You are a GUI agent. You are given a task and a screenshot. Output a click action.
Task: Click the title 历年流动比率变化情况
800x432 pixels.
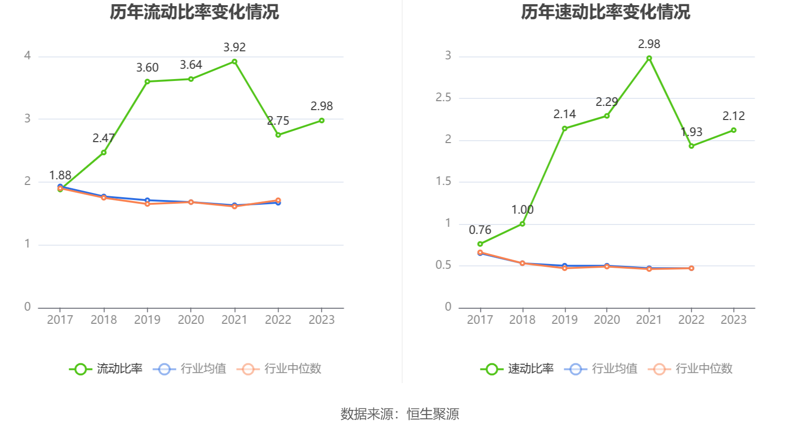pyautogui.click(x=194, y=12)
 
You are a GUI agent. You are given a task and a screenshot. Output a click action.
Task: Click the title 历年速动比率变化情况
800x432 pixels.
pyautogui.click(x=605, y=12)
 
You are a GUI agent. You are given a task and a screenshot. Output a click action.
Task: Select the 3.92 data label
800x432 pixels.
pyautogui.click(x=234, y=47)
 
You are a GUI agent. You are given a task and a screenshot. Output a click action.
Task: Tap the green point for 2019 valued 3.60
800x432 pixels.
pyautogui.click(x=147, y=81)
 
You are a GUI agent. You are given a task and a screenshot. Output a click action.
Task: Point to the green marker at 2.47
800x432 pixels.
pyautogui.click(x=104, y=152)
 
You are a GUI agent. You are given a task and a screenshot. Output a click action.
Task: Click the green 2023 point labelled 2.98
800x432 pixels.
pyautogui.click(x=321, y=120)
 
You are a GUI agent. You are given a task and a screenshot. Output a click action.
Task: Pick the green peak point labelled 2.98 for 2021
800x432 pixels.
pyautogui.click(x=649, y=58)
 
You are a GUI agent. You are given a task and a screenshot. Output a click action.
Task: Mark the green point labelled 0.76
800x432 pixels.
pyautogui.click(x=480, y=244)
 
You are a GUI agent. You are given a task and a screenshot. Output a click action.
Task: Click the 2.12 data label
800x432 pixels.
pyautogui.click(x=734, y=116)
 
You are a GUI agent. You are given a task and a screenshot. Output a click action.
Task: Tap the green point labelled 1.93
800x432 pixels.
pyautogui.click(x=691, y=146)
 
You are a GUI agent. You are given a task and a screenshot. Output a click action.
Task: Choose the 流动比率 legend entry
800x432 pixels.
pyautogui.click(x=106, y=369)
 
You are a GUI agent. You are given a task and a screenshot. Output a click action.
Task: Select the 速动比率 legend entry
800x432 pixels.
pyautogui.click(x=518, y=369)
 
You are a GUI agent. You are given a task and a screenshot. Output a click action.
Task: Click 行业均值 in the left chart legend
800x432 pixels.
pyautogui.click(x=190, y=369)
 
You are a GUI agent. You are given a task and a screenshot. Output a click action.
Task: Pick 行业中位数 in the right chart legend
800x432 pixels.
pyautogui.click(x=691, y=369)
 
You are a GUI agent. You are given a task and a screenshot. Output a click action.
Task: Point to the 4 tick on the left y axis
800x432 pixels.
pyautogui.click(x=27, y=56)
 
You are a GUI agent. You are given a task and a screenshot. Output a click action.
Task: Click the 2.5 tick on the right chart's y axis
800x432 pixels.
pyautogui.click(x=443, y=98)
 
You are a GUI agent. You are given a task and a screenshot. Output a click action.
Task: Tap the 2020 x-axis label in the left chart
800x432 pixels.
pyautogui.click(x=191, y=320)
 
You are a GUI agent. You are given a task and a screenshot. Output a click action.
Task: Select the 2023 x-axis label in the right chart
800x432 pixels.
pyautogui.click(x=733, y=320)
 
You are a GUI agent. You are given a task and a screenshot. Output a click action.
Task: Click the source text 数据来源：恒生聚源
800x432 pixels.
pyautogui.click(x=400, y=414)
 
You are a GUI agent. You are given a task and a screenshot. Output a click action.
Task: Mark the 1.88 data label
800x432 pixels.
pyautogui.click(x=60, y=176)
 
